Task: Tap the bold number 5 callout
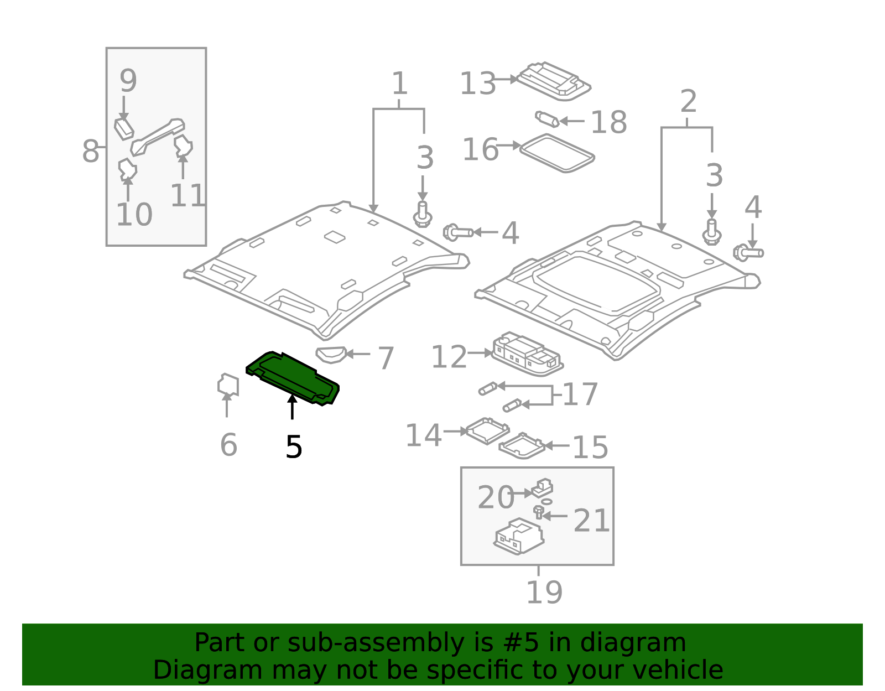(294, 447)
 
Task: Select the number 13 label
(478, 84)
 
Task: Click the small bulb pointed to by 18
(546, 118)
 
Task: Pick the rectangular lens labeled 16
(557, 153)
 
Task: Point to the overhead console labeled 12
(527, 354)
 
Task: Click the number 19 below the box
(544, 593)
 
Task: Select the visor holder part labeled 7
(331, 354)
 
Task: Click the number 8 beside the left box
(90, 151)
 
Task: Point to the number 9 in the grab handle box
(128, 81)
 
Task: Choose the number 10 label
(134, 215)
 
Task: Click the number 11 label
(188, 195)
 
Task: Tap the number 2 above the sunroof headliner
(688, 102)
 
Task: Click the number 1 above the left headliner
(399, 84)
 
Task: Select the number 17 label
(580, 394)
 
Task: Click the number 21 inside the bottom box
(591, 521)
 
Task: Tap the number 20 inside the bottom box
(496, 497)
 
